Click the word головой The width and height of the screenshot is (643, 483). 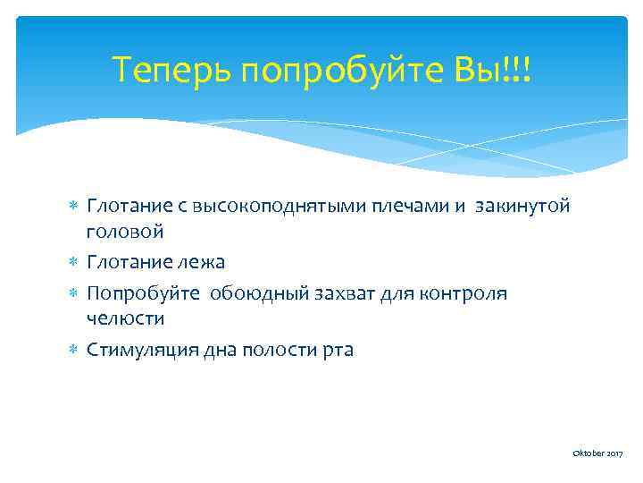coord(125,232)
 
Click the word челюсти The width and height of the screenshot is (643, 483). coord(125,318)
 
